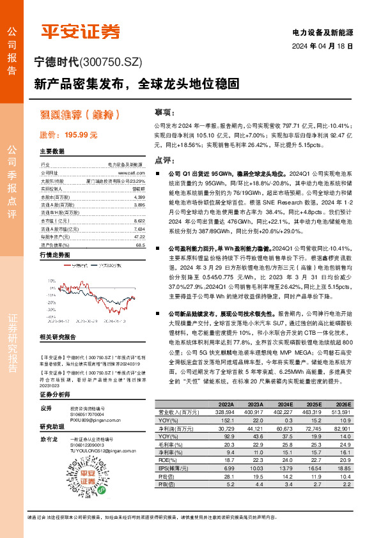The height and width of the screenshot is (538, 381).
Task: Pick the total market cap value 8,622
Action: (x=139, y=220)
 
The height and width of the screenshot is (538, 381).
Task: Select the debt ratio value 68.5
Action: (x=141, y=245)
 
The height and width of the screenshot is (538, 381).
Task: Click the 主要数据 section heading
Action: (x=52, y=152)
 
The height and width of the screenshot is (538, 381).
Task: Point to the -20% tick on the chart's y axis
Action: (x=52, y=307)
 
